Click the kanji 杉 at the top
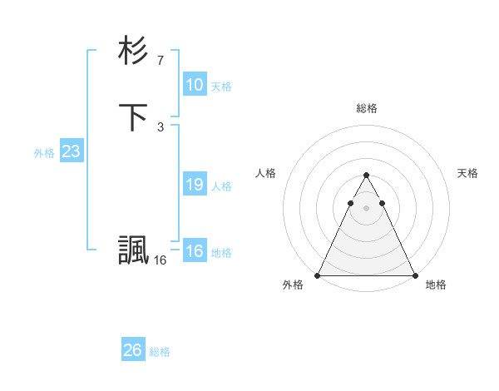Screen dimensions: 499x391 pyautogui.click(x=133, y=51)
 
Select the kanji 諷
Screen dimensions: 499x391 pyautogui.click(x=133, y=250)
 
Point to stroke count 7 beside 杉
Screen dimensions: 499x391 pyautogui.click(x=161, y=61)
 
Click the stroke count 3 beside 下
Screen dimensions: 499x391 pyautogui.click(x=161, y=127)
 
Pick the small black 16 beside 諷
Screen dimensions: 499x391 pyautogui.click(x=160, y=260)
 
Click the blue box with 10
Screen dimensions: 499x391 pyautogui.click(x=194, y=85)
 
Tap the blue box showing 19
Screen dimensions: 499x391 pyautogui.click(x=194, y=185)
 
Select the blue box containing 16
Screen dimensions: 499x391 pyautogui.click(x=194, y=251)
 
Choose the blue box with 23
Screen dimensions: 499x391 pyautogui.click(x=71, y=151)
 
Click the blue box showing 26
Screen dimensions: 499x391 pyautogui.click(x=132, y=350)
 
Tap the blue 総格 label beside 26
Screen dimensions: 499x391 pyautogui.click(x=160, y=352)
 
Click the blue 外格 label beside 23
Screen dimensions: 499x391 pyautogui.click(x=44, y=153)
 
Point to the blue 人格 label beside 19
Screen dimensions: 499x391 pyautogui.click(x=221, y=186)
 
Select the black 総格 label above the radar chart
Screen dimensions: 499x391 pyautogui.click(x=366, y=108)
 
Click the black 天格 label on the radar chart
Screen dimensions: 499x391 pyautogui.click(x=467, y=173)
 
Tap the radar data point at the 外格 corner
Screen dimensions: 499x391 pyautogui.click(x=318, y=275)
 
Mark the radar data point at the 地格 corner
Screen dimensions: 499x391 pyautogui.click(x=414, y=275)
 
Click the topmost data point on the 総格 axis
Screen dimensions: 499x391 pyautogui.click(x=366, y=176)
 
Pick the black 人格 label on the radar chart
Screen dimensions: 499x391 pyautogui.click(x=265, y=173)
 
